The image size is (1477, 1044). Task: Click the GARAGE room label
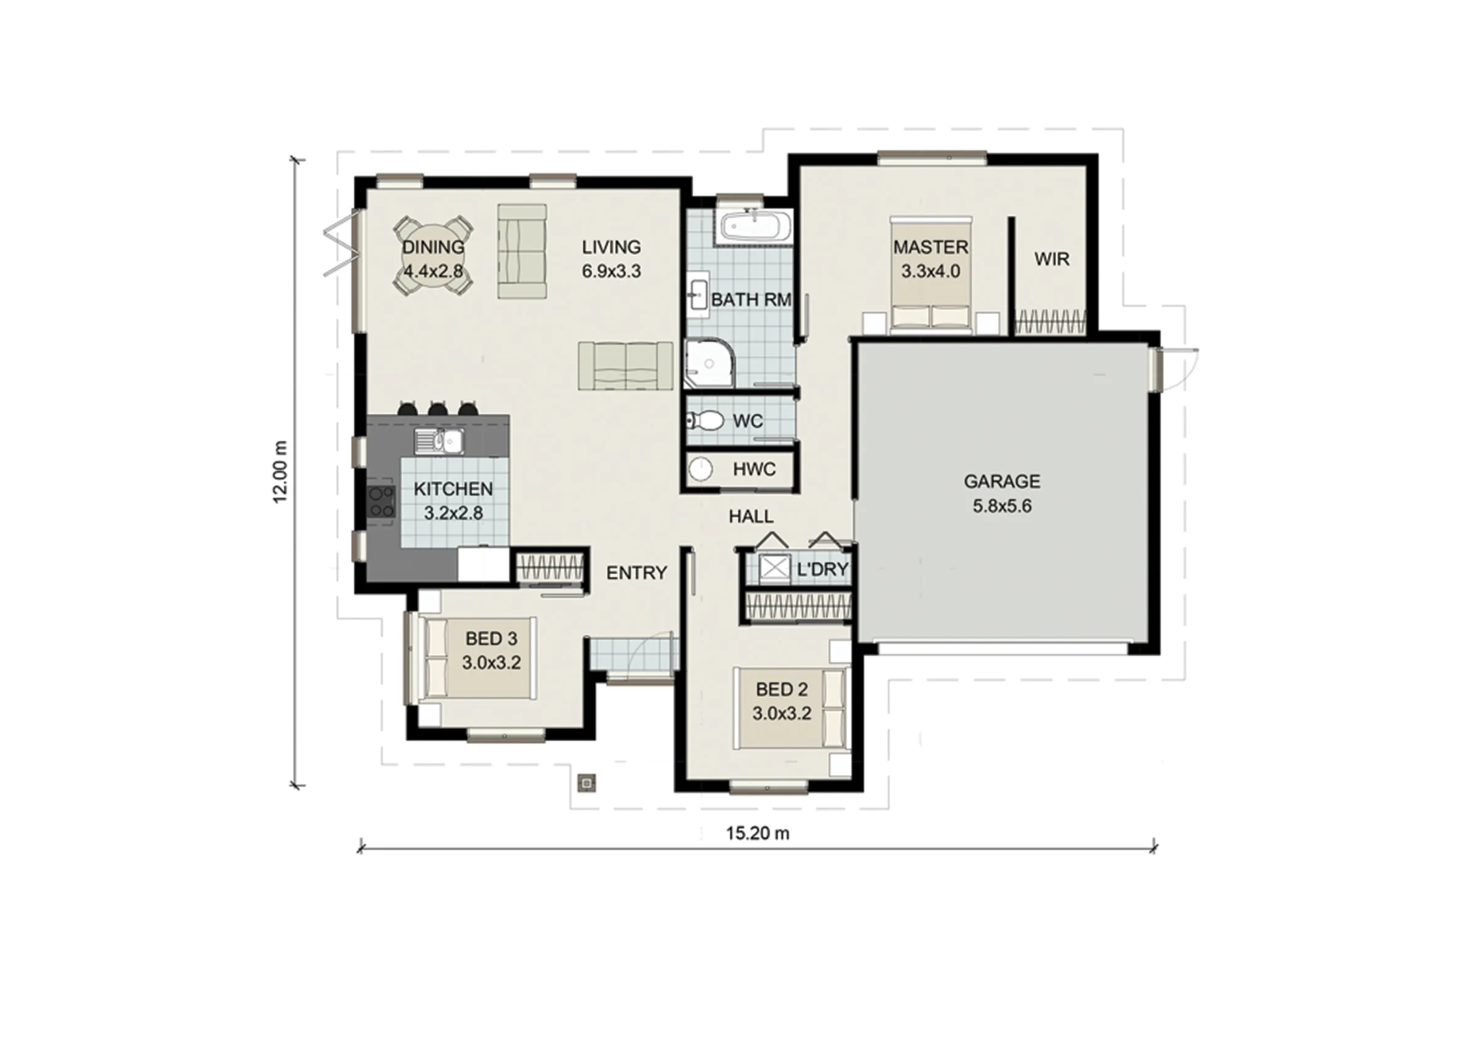click(1002, 481)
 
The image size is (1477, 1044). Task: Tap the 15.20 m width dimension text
click(757, 834)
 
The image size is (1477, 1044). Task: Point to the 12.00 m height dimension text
click(281, 471)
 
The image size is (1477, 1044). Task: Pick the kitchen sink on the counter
click(439, 441)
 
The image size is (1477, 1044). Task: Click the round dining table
click(433, 256)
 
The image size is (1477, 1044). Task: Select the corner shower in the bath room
click(710, 364)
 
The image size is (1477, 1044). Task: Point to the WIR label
click(1052, 259)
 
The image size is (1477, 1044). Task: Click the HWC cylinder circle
click(700, 469)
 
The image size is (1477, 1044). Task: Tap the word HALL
click(751, 517)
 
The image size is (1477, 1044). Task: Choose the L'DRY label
click(823, 569)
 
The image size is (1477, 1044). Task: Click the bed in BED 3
click(478, 658)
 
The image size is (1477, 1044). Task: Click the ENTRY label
click(636, 573)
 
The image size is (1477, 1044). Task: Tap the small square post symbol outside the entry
click(586, 783)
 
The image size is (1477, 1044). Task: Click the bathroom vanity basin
click(697, 297)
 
